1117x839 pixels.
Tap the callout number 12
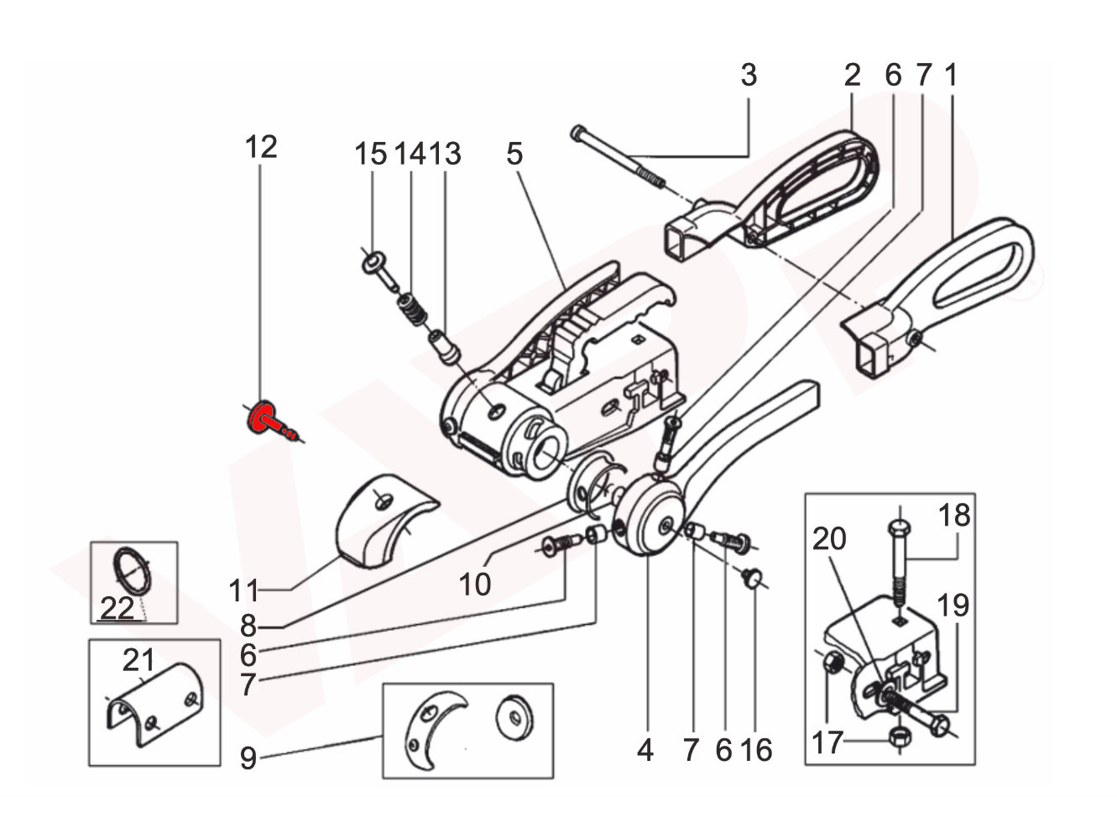point(261,148)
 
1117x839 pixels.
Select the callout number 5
point(514,154)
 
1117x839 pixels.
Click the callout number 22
point(117,607)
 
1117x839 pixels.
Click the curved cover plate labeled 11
point(382,521)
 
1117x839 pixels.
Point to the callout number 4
point(644,750)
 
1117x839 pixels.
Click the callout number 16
point(756,750)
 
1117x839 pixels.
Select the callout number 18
point(953,514)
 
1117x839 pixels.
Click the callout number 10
point(475,583)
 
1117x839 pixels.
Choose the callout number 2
point(852,76)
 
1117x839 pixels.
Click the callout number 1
point(950,76)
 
